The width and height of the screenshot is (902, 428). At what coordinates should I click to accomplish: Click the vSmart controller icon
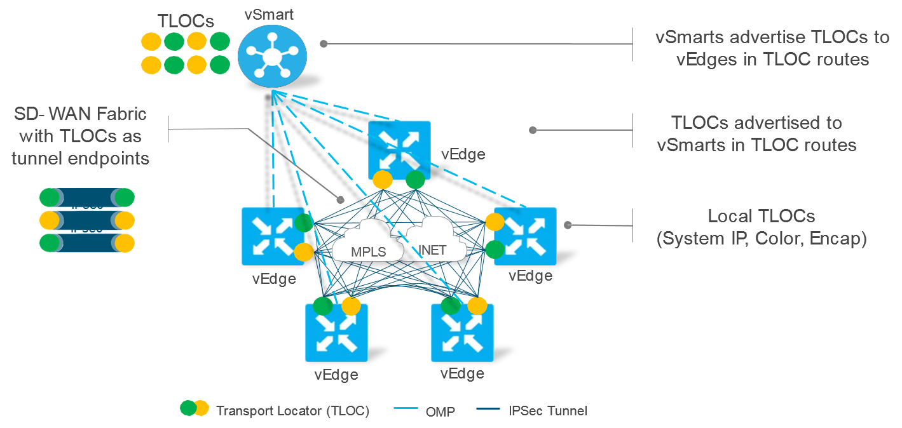(271, 57)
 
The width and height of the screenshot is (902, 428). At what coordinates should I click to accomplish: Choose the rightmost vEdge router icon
(525, 236)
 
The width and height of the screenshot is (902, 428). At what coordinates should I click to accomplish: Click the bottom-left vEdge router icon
(337, 332)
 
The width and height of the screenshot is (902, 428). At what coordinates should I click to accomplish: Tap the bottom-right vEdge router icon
(462, 332)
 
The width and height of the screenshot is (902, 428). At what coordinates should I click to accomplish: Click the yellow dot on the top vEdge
(383, 180)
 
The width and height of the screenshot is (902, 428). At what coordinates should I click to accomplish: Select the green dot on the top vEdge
(415, 180)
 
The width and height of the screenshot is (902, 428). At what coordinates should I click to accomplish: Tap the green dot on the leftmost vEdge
(304, 223)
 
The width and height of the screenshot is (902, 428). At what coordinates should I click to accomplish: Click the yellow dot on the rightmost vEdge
(495, 222)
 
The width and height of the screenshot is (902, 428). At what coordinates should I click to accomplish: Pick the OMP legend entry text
(440, 411)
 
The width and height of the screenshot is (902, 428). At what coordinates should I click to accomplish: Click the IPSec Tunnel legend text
(548, 410)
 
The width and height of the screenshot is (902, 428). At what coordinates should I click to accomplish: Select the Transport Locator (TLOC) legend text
(292, 410)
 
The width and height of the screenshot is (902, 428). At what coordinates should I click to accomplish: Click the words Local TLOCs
(761, 216)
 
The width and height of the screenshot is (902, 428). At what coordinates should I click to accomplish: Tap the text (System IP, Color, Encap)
(761, 239)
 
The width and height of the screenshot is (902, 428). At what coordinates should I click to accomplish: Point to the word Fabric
(117, 114)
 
